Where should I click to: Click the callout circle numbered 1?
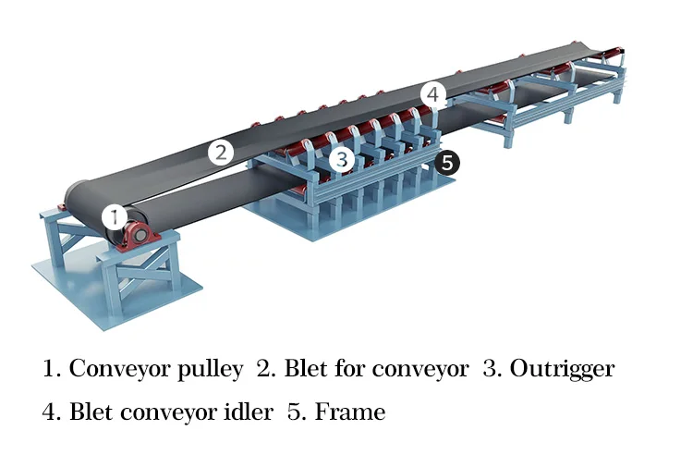pos(114,217)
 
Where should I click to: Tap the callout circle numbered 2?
pos(220,152)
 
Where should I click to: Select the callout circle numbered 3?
pos(342,160)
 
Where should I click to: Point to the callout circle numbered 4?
pos(434,94)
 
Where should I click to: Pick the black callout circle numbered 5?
pos(447,163)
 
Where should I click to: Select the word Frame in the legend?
pos(350,412)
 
